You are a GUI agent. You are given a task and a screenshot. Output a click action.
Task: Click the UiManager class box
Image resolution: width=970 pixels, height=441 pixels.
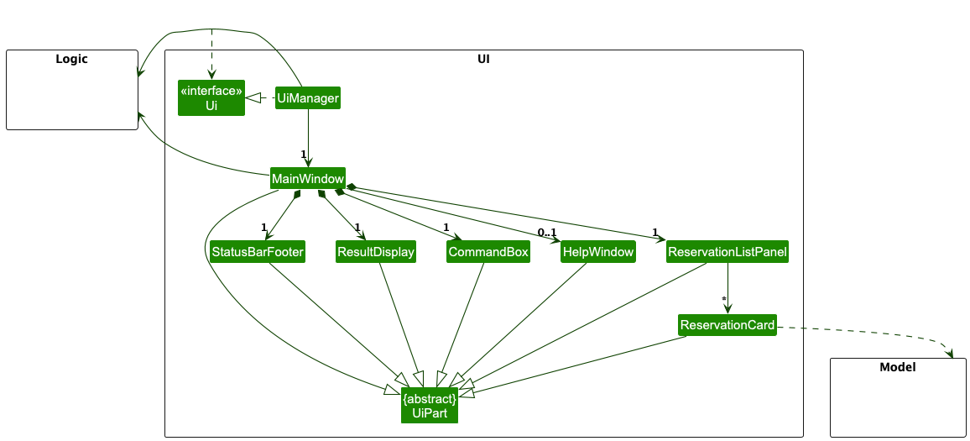coord(308,99)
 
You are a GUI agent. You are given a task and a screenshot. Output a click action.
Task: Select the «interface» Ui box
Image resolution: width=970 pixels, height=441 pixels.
coord(211,98)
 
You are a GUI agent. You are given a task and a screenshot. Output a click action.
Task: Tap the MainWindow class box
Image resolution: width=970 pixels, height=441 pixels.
coord(308,179)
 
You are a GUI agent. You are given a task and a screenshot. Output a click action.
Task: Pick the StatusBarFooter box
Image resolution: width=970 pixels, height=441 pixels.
coord(258,252)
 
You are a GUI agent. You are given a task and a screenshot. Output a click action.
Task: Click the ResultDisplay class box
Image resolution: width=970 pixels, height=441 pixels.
coord(376,252)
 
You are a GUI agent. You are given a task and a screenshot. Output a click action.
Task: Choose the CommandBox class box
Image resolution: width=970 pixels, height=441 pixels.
coord(488,252)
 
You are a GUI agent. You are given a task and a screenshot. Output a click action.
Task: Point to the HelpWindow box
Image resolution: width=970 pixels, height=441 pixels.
coord(597,252)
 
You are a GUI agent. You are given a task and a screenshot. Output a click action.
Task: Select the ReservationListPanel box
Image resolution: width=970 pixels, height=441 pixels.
coord(727,252)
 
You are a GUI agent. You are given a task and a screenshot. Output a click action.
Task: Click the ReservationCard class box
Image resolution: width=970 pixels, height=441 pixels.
coord(727,325)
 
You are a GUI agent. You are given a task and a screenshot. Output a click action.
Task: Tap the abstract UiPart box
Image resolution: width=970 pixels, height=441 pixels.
coord(430,404)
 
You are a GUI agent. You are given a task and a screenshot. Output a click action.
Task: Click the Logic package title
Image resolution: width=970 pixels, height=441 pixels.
coord(71,60)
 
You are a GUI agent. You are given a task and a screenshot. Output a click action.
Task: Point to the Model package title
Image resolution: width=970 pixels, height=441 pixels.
coord(897,368)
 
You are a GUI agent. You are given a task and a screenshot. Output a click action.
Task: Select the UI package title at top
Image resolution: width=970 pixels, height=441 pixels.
coord(483,60)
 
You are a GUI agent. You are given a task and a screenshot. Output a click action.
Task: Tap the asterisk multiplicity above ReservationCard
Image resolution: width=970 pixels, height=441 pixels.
coord(723,300)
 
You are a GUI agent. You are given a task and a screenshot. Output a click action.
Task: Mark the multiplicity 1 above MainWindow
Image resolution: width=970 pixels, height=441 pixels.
coord(303,155)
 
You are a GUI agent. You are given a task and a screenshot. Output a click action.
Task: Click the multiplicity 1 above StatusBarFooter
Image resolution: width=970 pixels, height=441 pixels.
coord(263,228)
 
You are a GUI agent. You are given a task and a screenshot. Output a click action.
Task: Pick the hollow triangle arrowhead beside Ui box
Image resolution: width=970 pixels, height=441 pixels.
coord(253,99)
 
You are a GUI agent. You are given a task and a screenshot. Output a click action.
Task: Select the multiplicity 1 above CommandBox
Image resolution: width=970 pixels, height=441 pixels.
coord(446,228)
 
